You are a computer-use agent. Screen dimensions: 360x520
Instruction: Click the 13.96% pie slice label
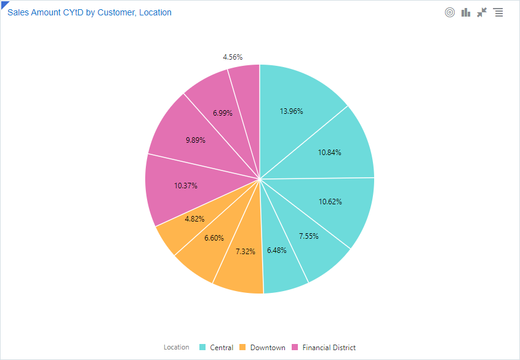pos(291,111)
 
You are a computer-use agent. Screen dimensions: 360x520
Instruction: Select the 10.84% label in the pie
pos(329,152)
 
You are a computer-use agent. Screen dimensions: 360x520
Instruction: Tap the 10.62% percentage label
pos(330,201)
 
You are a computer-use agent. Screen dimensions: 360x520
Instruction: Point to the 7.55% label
pos(309,236)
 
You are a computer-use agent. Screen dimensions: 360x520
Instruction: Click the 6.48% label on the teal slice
pos(277,250)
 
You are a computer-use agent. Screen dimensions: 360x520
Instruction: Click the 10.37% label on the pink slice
pos(185,185)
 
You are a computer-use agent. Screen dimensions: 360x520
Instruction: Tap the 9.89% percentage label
pos(195,140)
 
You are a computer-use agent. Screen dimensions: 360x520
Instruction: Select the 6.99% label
pos(222,113)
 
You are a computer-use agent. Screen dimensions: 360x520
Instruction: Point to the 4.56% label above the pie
pos(233,57)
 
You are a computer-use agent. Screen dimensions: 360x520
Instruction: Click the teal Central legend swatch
pos(202,347)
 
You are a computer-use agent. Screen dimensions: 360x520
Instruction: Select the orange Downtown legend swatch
pos(242,347)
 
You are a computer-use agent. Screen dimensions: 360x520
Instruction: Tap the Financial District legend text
pos(329,348)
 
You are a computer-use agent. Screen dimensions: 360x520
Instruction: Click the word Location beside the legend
pos(177,347)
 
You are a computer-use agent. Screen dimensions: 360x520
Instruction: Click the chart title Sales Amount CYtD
pos(89,12)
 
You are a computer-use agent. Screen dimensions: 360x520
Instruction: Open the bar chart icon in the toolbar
pos(466,12)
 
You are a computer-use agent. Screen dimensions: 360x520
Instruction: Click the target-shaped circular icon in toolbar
pos(450,12)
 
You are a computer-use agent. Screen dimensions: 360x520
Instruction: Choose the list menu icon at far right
pos(498,12)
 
